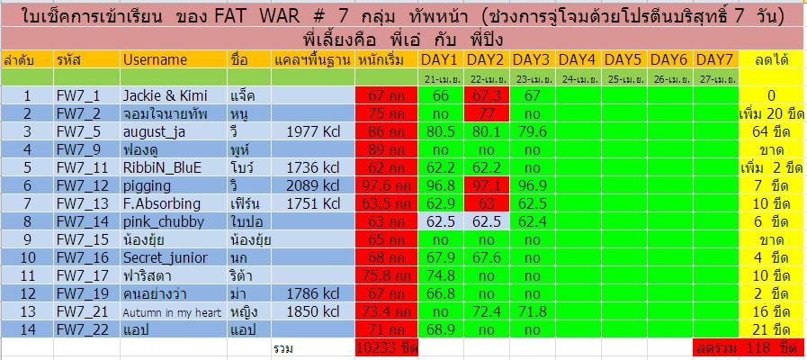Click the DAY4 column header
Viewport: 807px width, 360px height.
(578, 60)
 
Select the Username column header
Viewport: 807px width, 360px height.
(155, 60)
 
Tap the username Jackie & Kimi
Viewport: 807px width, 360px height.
(166, 95)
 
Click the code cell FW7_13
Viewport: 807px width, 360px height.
(83, 204)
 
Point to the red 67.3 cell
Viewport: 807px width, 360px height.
(486, 95)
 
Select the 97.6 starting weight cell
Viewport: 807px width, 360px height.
(386, 186)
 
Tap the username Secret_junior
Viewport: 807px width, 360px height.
(165, 258)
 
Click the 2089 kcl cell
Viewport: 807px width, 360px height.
(313, 186)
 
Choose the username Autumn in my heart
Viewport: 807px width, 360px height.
(172, 312)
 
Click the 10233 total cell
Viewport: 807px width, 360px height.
(386, 348)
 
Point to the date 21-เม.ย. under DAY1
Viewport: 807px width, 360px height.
(441, 79)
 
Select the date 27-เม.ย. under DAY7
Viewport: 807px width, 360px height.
(716, 79)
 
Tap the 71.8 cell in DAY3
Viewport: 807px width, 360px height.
(533, 312)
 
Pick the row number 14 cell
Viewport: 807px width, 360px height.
(27, 330)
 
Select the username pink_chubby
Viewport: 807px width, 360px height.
(163, 222)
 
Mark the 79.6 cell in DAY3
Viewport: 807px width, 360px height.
(533, 131)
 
